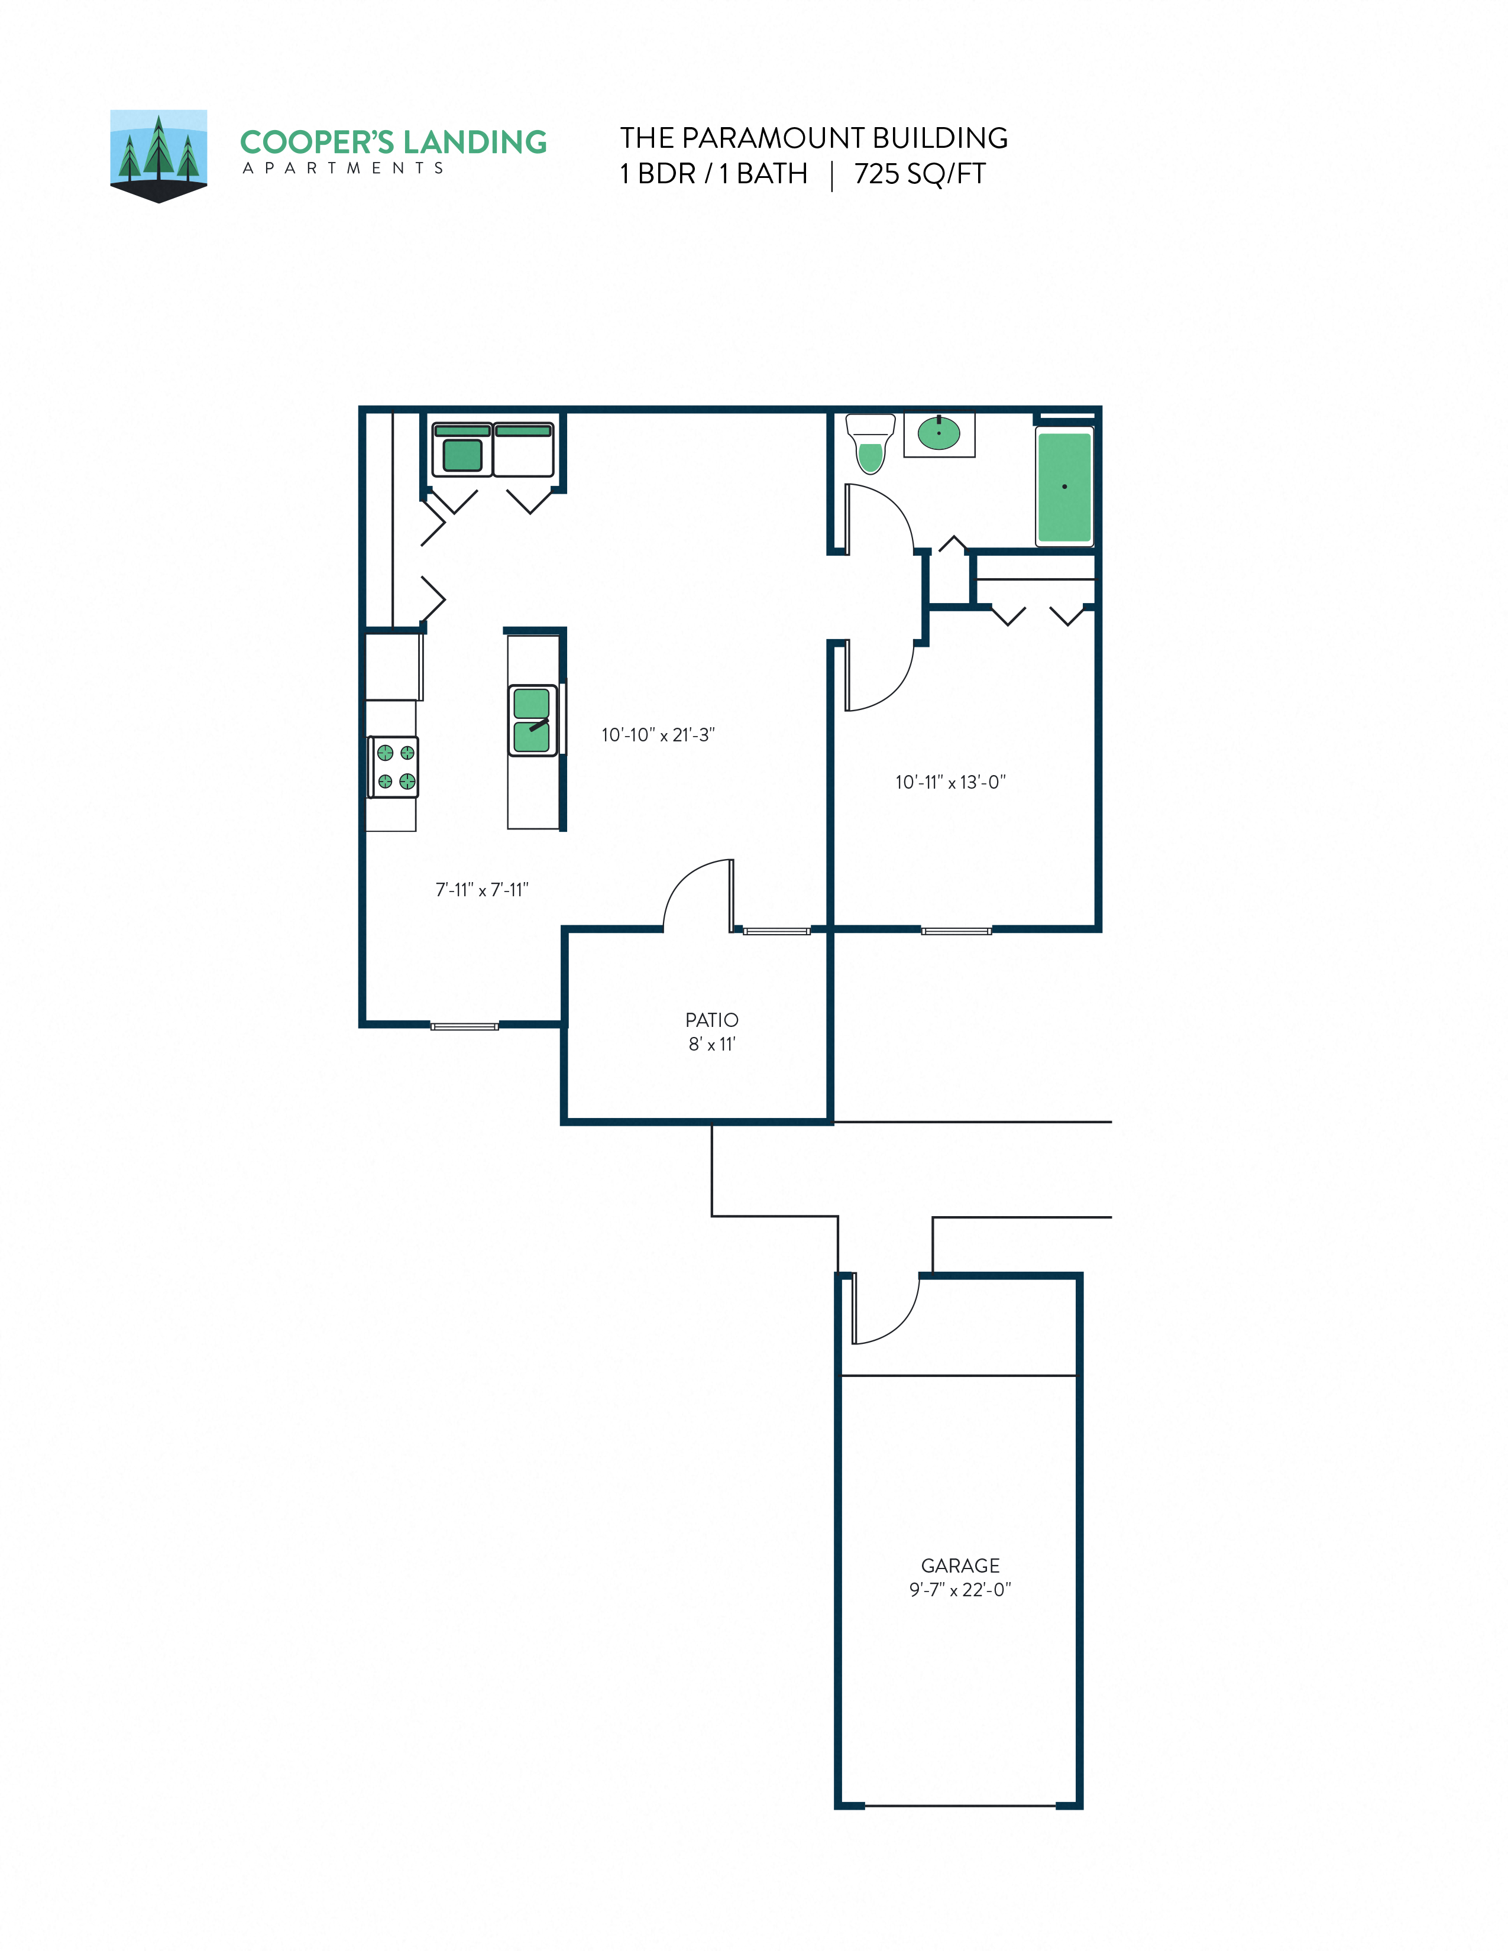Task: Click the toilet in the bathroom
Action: pyautogui.click(x=870, y=444)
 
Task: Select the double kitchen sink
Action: pyautogui.click(x=532, y=721)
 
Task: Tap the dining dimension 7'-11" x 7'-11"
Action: pyautogui.click(x=481, y=890)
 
